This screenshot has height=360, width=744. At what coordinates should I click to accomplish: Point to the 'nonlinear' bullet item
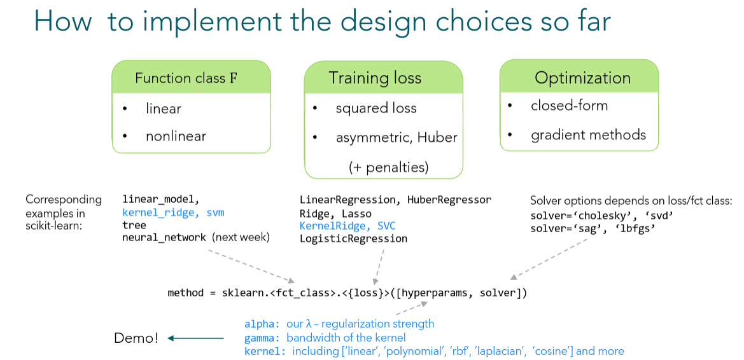coord(176,136)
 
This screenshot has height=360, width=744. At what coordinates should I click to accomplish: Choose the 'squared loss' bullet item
coord(376,108)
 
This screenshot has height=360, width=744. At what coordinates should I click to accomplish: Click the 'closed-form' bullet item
coord(569,106)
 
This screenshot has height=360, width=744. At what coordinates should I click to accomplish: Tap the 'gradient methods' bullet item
coord(588,134)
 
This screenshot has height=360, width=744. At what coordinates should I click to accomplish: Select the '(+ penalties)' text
coord(388,167)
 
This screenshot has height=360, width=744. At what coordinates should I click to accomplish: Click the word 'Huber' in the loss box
coord(437,137)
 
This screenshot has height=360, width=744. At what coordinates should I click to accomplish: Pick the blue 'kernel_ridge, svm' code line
coord(173,212)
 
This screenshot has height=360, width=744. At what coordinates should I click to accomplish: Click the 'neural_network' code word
coord(164,238)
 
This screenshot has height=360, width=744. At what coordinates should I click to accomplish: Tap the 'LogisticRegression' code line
coord(353,239)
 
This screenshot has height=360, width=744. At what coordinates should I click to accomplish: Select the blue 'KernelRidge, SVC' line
coord(347,226)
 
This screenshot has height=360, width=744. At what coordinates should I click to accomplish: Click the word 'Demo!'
coord(136,338)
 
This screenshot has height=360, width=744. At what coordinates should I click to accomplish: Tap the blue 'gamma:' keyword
coord(262,337)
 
